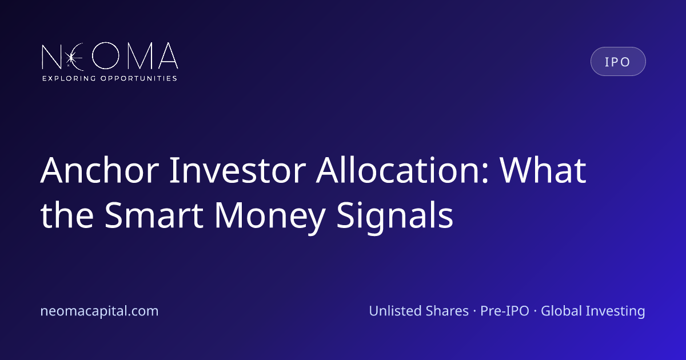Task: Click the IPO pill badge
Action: (x=618, y=62)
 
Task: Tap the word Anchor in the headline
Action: (x=99, y=170)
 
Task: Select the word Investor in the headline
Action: (x=238, y=170)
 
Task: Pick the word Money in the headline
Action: (x=270, y=217)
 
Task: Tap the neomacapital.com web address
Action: (x=99, y=311)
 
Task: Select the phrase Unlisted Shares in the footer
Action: (x=418, y=311)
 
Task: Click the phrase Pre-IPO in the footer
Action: (x=504, y=311)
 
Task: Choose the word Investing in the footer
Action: (x=615, y=311)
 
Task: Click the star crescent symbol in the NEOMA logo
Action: (x=74, y=57)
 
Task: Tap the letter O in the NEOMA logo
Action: (x=105, y=56)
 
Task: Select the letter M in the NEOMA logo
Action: (x=139, y=56)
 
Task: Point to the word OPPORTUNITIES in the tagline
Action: (x=139, y=78)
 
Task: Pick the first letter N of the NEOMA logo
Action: (x=51, y=57)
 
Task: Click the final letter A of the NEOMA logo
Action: (x=168, y=56)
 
